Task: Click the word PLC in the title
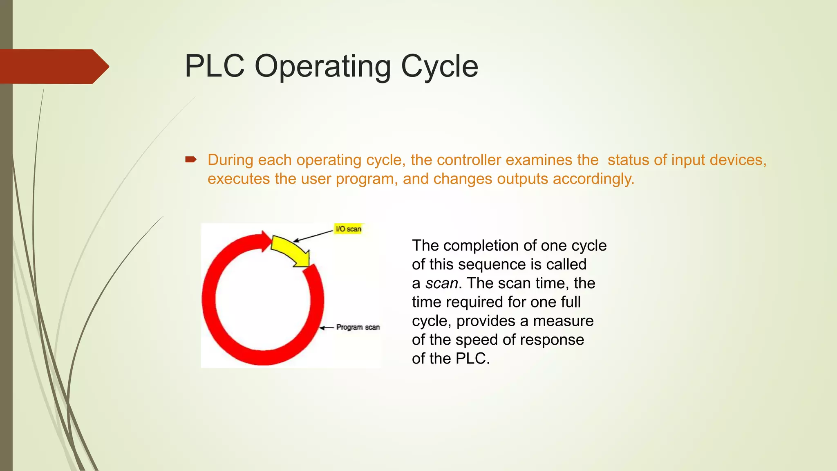215,66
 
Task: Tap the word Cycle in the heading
439,66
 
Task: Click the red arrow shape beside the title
53,66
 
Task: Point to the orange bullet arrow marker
191,159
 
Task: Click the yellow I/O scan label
348,229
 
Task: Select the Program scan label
358,327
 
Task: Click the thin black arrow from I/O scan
314,236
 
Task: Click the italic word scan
441,283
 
